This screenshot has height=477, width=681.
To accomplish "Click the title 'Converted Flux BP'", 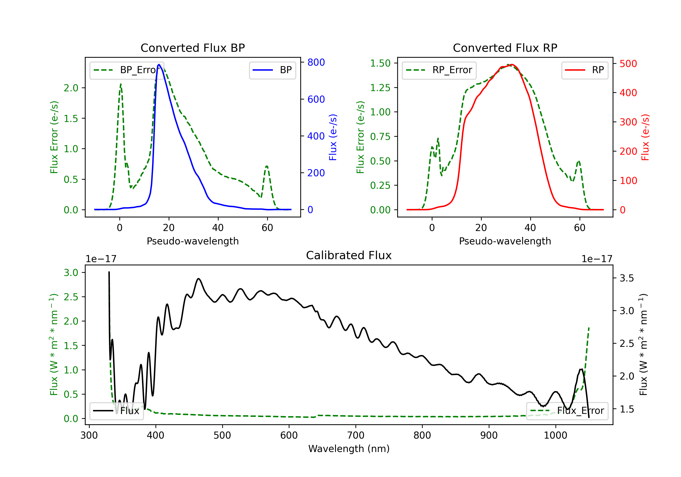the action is [193, 48].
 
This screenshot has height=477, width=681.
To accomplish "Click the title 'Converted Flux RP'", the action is [505, 48].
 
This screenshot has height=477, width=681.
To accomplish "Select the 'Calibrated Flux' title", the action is [349, 255].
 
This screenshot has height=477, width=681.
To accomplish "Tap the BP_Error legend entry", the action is [127, 70].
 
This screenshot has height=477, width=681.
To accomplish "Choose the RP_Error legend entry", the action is [439, 70].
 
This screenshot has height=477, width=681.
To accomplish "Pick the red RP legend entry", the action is [585, 70].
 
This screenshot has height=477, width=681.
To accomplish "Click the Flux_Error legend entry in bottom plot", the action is [567, 411].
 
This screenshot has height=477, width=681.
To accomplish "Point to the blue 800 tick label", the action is [316, 62].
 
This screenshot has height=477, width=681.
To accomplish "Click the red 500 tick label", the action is [628, 64].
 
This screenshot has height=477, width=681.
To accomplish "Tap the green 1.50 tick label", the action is [380, 63].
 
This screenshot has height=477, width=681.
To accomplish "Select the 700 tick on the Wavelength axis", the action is [356, 435].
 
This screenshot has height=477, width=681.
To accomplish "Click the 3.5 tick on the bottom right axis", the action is [627, 278].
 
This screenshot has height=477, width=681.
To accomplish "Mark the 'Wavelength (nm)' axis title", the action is [349, 449].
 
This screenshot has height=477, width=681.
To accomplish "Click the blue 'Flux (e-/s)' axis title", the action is [333, 137].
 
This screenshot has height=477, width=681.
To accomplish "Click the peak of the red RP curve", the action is [512, 65].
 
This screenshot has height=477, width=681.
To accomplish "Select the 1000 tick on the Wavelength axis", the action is [555, 435].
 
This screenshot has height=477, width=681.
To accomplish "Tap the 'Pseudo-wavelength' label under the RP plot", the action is [505, 241].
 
